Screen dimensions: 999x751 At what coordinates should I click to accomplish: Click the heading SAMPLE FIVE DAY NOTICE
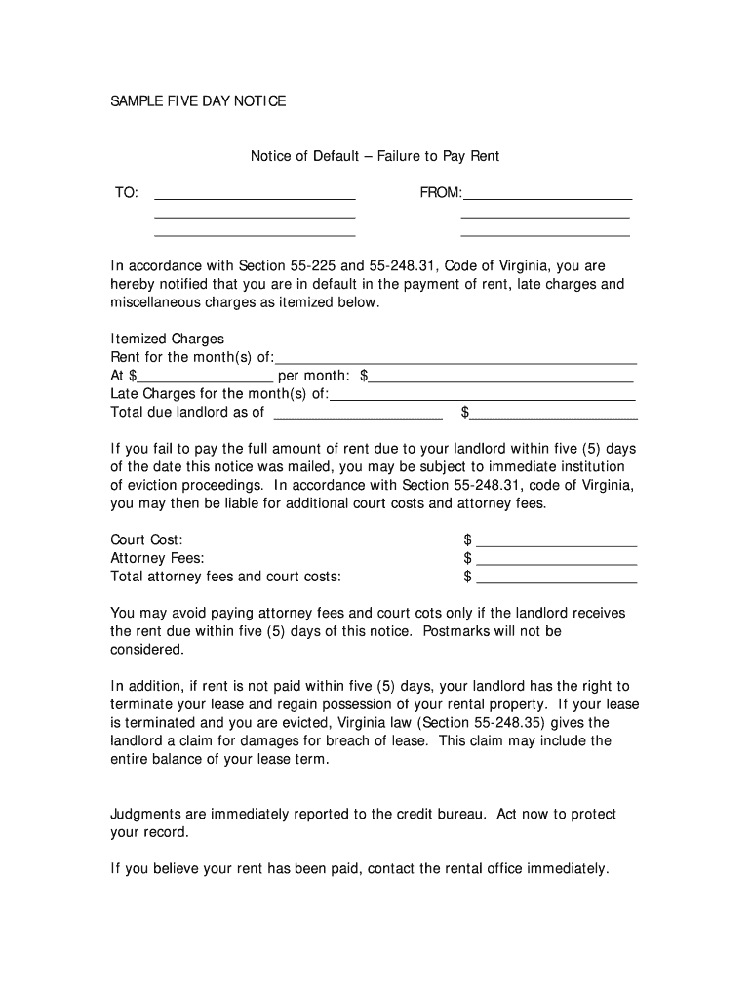198,101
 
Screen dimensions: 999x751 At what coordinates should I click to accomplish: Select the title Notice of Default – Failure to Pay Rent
375,156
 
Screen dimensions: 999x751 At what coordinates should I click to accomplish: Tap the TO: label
126,193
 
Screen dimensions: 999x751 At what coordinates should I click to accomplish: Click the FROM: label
441,193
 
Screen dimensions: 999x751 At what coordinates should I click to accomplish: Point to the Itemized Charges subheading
168,340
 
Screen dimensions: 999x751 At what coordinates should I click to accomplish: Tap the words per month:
314,376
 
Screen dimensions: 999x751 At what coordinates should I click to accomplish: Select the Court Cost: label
146,540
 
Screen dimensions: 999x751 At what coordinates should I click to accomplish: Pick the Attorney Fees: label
157,559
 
